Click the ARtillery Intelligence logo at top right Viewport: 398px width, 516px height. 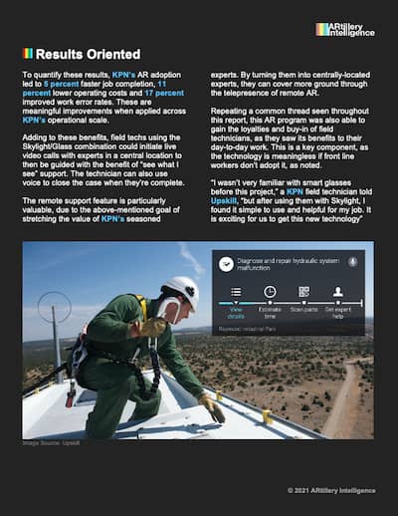[344, 30]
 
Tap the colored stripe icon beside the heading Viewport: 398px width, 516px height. [28, 54]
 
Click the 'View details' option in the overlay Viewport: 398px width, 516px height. [236, 310]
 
